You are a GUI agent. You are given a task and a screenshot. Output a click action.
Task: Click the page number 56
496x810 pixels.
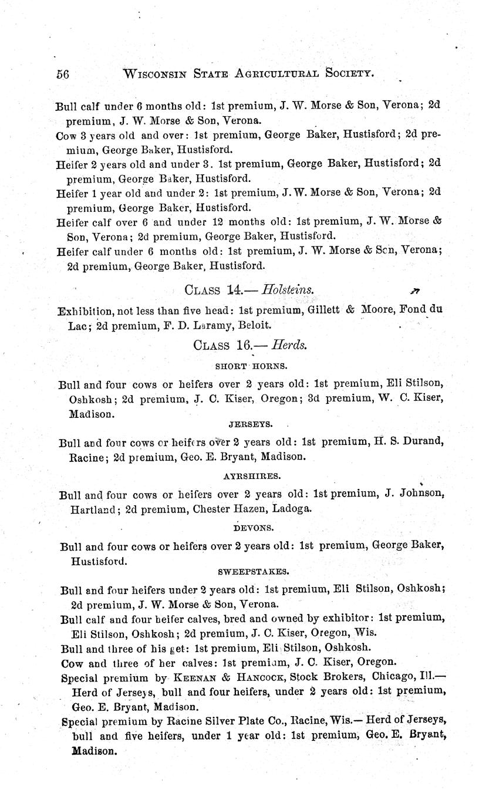point(63,74)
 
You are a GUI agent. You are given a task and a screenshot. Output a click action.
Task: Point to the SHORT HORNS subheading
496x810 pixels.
point(251,365)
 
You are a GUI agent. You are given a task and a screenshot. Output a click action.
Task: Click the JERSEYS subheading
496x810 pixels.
point(251,423)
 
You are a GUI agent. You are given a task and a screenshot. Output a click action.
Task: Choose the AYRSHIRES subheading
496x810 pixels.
point(252,475)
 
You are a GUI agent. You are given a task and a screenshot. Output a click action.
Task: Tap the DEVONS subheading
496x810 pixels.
point(251,528)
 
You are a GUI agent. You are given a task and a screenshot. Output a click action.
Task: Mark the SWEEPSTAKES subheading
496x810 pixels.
point(253,571)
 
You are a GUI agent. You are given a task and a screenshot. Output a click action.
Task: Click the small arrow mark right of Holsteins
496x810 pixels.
point(416,290)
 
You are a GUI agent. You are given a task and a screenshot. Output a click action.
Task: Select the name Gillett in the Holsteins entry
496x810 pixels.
point(323,310)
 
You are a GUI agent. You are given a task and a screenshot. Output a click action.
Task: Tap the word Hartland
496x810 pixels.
point(87,509)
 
